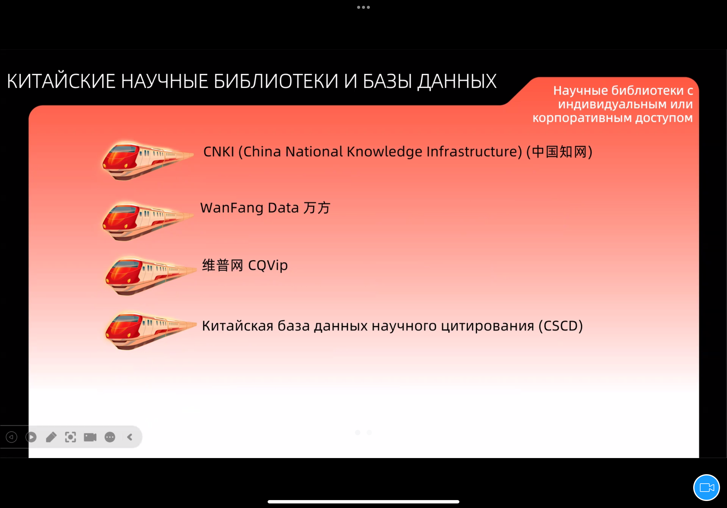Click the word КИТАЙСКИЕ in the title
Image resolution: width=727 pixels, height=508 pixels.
[x=61, y=81]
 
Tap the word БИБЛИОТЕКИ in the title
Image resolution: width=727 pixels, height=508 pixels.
[x=276, y=81]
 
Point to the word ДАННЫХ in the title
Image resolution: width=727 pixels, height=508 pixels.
[x=457, y=82]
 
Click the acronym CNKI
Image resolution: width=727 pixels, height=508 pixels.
[x=219, y=152]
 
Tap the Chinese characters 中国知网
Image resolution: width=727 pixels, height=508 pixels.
[x=559, y=152]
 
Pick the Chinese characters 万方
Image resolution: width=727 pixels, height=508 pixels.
[x=317, y=208]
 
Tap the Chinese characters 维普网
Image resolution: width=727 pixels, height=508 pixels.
[x=223, y=265]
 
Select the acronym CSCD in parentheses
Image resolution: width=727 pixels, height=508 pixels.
[x=561, y=326]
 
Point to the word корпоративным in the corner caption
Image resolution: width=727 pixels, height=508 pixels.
[x=582, y=118]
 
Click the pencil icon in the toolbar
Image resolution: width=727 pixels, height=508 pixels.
[x=51, y=437]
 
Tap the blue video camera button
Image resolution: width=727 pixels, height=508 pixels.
[x=707, y=488]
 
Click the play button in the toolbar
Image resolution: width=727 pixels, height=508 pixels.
[x=31, y=437]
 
